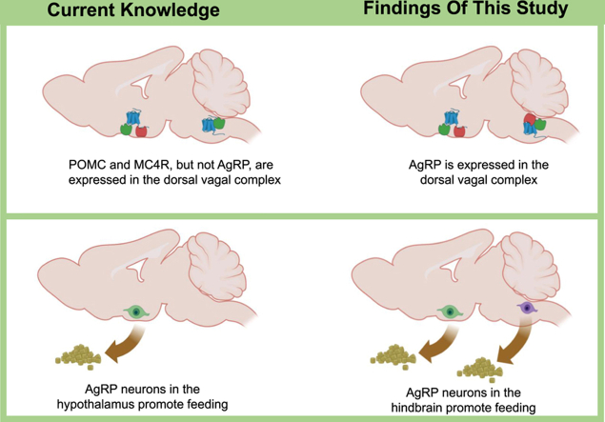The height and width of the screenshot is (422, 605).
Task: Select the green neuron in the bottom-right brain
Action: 444,310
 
